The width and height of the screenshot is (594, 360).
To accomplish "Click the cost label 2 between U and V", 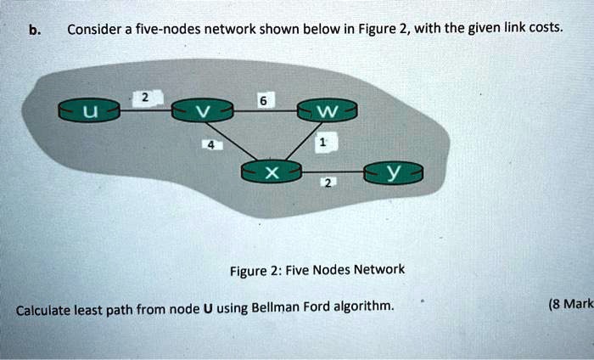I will [x=144, y=98].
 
